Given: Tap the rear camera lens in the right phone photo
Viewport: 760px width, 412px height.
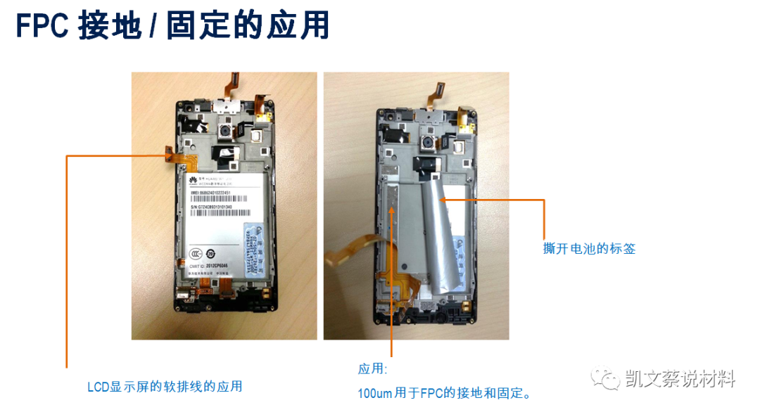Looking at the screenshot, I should coord(427,145).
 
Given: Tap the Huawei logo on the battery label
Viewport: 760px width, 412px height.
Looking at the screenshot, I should coord(191,181).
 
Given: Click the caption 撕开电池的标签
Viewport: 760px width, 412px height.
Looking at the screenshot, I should coord(589,248).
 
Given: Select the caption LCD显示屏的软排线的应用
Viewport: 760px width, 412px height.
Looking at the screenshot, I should coord(165,387).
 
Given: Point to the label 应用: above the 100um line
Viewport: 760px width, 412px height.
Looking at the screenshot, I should coord(372,369).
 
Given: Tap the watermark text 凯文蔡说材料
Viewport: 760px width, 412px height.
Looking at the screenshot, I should coord(680,380).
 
